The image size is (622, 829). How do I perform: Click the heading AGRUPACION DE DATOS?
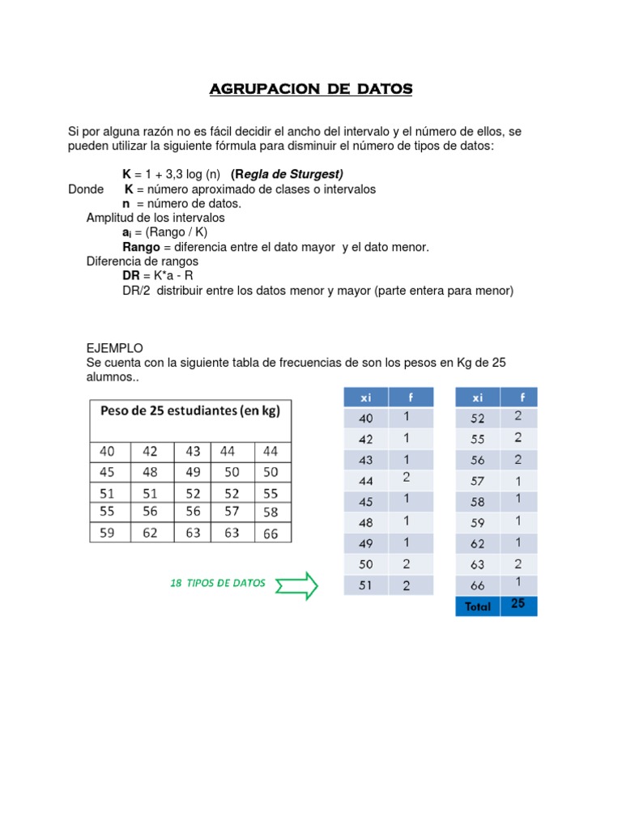311,89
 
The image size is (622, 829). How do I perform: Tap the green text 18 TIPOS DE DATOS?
218,583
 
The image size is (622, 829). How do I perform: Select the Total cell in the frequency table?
478,606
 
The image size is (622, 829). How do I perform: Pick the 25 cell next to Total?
518,604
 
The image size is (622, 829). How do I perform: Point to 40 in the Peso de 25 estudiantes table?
107,451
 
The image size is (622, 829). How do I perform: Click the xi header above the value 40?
365,397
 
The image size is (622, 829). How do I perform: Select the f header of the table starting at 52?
522,397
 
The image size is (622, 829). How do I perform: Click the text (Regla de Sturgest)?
287,174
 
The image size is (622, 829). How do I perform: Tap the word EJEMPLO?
114,347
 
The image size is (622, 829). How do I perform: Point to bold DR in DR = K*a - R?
131,276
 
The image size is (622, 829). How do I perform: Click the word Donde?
86,189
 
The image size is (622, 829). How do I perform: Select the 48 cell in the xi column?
365,522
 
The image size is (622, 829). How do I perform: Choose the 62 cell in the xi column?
478,543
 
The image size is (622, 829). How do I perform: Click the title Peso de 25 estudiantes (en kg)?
190,410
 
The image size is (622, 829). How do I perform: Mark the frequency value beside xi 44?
407,478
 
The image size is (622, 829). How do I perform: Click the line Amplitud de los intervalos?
155,218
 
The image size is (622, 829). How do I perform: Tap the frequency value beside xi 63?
518,564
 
